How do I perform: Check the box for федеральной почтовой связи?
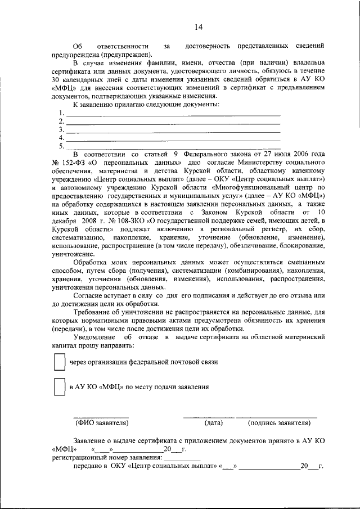pos(59,362)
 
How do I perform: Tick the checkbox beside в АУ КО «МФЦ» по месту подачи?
pos(59,387)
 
